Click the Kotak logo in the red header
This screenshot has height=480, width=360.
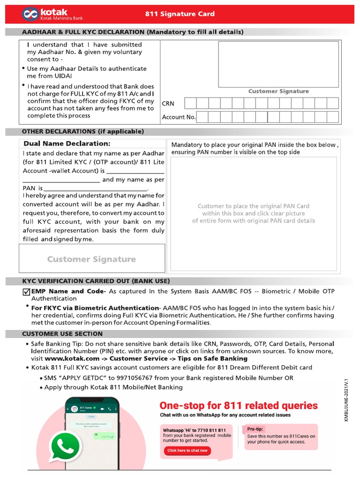click(x=31, y=14)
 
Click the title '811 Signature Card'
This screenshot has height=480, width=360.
click(x=180, y=14)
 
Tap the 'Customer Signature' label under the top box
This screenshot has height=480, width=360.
click(x=278, y=91)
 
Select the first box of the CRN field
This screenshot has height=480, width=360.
click(x=190, y=103)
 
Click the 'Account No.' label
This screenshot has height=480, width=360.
click(x=179, y=117)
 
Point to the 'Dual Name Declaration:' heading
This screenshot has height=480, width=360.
click(x=67, y=143)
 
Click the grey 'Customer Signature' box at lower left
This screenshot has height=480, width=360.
click(x=91, y=259)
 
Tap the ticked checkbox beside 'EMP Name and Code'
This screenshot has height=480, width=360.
click(x=26, y=292)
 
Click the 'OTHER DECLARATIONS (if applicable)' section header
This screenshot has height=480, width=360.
click(x=83, y=132)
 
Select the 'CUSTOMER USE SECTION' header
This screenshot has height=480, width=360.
click(x=62, y=334)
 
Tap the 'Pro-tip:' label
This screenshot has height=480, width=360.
click(x=255, y=429)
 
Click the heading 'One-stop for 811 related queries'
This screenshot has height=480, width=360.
click(x=239, y=405)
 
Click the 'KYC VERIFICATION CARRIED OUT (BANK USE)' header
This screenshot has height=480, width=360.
click(x=96, y=281)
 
